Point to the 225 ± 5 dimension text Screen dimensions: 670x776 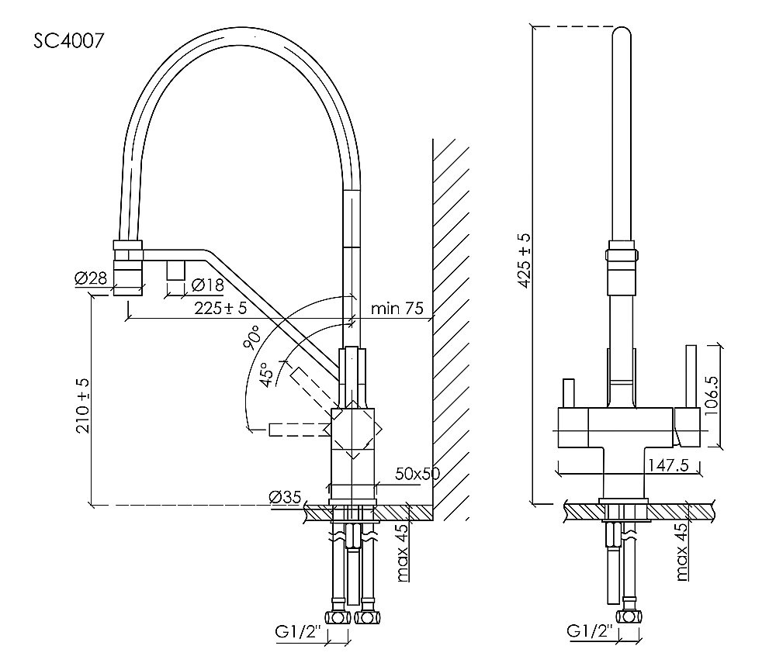pos(220,309)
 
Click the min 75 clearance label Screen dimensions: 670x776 pos(397,309)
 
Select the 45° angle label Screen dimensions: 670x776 pos(267,375)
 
